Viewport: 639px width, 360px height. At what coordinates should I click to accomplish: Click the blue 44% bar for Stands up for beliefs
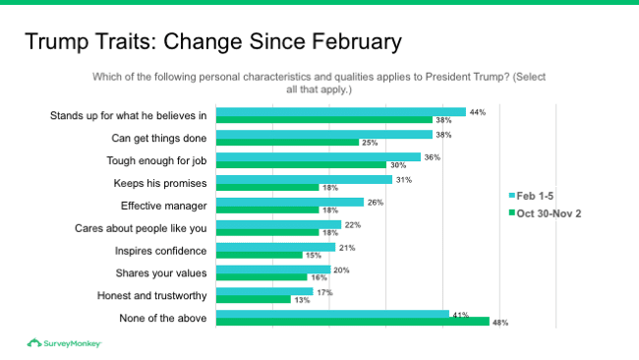tap(340, 112)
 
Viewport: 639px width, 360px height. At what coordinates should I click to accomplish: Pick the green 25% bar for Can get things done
tap(287, 143)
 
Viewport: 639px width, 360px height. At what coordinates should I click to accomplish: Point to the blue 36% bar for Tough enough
tap(318, 156)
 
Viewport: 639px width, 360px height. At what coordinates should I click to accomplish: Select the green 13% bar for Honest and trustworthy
tap(253, 299)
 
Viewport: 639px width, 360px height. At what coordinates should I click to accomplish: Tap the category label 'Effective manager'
tap(164, 205)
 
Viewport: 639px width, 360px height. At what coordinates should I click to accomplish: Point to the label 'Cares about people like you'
tap(141, 227)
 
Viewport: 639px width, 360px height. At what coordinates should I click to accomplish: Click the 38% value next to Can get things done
tap(444, 135)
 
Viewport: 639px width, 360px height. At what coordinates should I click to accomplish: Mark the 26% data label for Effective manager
tap(375, 202)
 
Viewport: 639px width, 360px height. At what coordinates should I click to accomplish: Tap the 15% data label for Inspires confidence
tap(314, 255)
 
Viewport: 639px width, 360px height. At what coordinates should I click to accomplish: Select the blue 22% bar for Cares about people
tap(278, 224)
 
